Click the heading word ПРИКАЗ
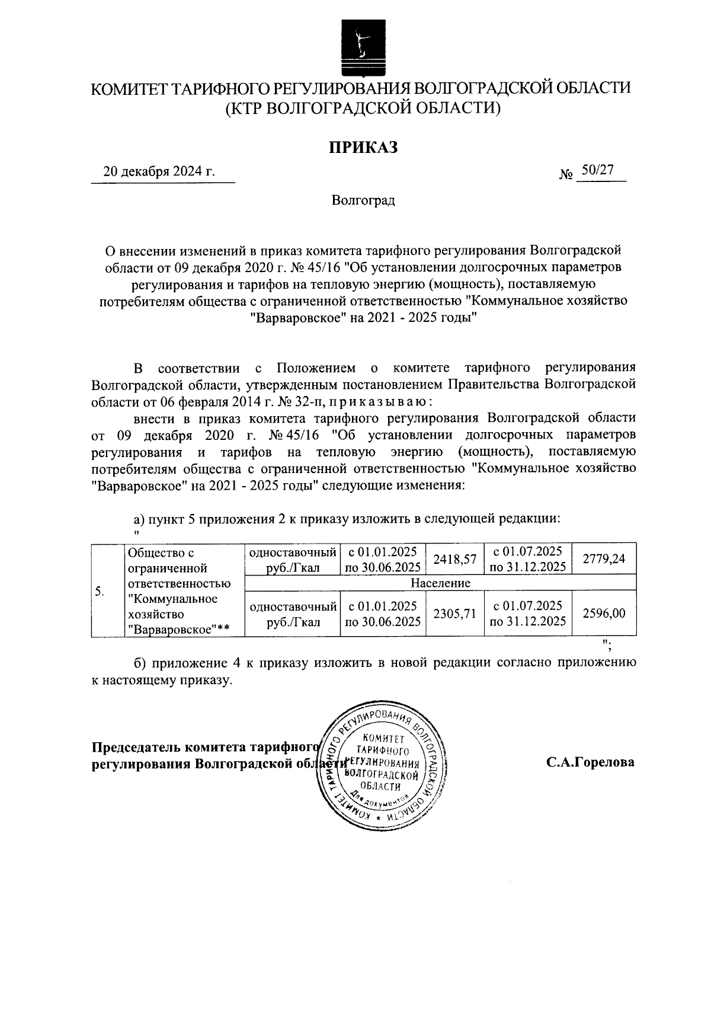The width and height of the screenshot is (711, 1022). (x=363, y=146)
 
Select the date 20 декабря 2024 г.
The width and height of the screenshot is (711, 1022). (x=159, y=173)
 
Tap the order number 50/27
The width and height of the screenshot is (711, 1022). (x=596, y=170)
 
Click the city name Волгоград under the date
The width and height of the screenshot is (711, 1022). (x=363, y=200)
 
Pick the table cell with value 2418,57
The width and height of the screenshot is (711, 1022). (x=454, y=559)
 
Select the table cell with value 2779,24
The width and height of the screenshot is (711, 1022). (x=604, y=559)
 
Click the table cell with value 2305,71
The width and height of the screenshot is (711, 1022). (x=454, y=614)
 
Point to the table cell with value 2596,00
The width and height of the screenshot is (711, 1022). (x=604, y=614)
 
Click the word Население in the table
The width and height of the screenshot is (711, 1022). (x=440, y=583)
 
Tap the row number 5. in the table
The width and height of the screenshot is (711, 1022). (x=100, y=591)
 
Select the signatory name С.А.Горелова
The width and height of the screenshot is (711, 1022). (x=590, y=762)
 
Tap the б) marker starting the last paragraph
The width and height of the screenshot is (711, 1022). (x=141, y=663)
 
